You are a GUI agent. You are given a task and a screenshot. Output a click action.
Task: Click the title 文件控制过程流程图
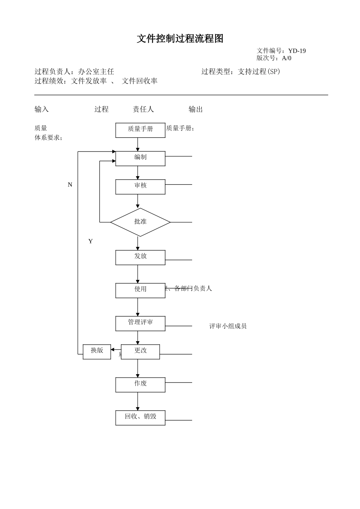click(180, 39)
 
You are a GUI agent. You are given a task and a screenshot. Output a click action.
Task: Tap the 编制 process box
click(140, 158)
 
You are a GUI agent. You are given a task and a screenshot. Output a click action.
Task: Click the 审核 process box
click(140, 187)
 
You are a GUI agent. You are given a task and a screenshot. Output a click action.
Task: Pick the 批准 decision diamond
click(140, 222)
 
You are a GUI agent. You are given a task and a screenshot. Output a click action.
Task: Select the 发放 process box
click(140, 257)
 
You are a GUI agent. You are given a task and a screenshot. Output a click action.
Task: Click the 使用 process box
click(140, 290)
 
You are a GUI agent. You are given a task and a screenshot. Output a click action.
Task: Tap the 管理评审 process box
click(140, 323)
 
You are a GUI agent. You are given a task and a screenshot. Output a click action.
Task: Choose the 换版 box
click(97, 351)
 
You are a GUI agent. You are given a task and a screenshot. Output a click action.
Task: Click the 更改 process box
click(141, 351)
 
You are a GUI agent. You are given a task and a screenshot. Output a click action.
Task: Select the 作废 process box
click(140, 384)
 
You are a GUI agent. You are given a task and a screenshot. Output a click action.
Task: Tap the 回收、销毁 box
click(140, 417)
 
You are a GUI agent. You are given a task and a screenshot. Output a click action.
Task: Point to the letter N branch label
click(70, 185)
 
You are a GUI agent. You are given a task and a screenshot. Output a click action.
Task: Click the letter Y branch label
click(90, 241)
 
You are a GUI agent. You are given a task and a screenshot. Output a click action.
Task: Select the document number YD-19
click(297, 51)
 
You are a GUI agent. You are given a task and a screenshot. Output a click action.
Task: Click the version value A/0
click(286, 58)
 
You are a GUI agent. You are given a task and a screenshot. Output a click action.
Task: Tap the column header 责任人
click(143, 109)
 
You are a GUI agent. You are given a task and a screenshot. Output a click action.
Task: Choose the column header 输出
click(196, 109)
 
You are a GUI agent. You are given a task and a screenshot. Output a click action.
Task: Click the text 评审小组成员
click(228, 326)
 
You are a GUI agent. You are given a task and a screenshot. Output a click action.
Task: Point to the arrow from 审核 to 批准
click(138, 201)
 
